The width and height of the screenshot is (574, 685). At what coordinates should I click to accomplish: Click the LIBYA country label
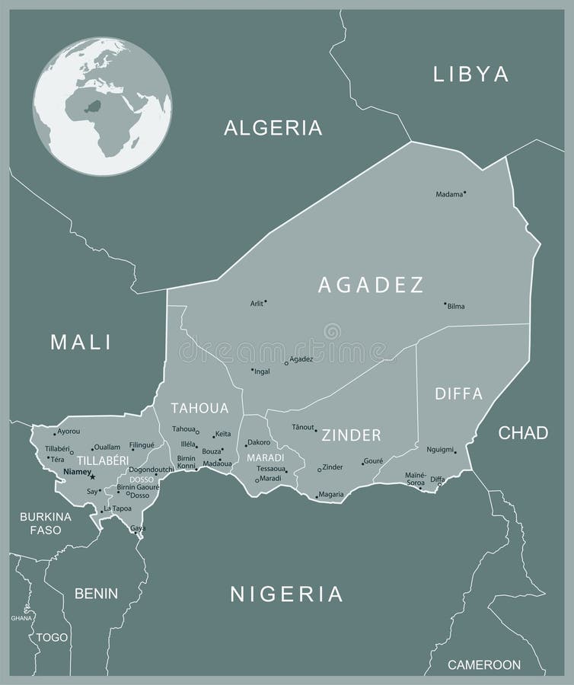pyautogui.click(x=470, y=74)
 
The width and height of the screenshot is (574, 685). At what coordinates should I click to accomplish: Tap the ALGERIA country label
pyautogui.click(x=273, y=128)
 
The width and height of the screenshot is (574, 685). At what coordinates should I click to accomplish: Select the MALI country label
pyautogui.click(x=81, y=342)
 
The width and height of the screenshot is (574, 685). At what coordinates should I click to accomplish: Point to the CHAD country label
pyautogui.click(x=523, y=433)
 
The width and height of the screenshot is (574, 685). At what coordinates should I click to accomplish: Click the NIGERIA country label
pyautogui.click(x=286, y=594)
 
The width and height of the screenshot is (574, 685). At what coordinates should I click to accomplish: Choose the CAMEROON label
pyautogui.click(x=483, y=664)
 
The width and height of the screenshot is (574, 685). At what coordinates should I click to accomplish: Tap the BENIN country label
pyautogui.click(x=96, y=593)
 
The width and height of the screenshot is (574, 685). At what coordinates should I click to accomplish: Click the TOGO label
pyautogui.click(x=52, y=637)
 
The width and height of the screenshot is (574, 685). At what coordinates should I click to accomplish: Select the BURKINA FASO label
pyautogui.click(x=46, y=523)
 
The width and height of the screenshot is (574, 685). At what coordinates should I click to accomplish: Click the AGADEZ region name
pyautogui.click(x=371, y=285)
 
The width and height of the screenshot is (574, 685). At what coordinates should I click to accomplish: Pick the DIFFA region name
pyautogui.click(x=458, y=393)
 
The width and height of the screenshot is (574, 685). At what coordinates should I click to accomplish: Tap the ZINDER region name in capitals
pyautogui.click(x=351, y=435)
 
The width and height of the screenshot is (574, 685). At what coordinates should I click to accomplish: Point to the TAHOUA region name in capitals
pyautogui.click(x=199, y=407)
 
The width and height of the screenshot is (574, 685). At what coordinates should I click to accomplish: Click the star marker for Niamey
pyautogui.click(x=93, y=476)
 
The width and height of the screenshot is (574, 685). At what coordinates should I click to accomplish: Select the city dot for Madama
pyautogui.click(x=465, y=193)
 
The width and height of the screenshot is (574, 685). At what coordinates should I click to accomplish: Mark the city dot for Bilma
pyautogui.click(x=445, y=304)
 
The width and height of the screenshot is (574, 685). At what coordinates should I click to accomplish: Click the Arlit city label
pyautogui.click(x=257, y=304)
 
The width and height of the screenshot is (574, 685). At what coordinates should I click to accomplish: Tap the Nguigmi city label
pyautogui.click(x=439, y=450)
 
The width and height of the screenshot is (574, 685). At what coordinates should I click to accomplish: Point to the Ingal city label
pyautogui.click(x=262, y=372)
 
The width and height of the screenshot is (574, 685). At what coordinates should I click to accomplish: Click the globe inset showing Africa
pyautogui.click(x=102, y=107)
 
